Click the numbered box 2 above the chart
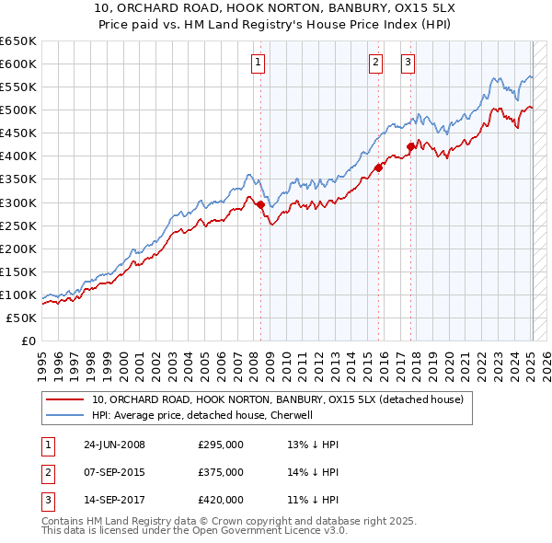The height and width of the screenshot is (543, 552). tap(376, 64)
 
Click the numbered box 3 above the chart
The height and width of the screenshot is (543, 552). tap(408, 64)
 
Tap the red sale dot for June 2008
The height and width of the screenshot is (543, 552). tap(260, 204)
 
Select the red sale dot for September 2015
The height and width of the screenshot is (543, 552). tap(378, 168)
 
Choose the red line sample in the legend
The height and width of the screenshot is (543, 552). tap(64, 399)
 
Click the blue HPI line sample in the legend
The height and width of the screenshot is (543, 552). tap(64, 415)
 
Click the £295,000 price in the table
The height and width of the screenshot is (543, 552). tap(221, 445)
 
